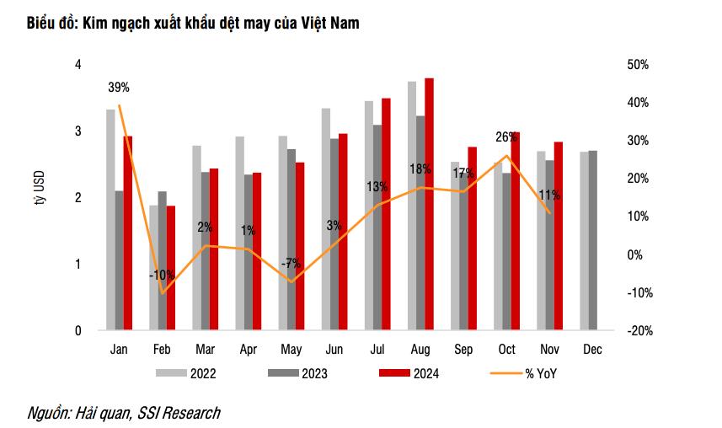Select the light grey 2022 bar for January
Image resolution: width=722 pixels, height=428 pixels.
[x=110, y=220]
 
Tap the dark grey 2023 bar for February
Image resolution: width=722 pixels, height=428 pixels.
[x=163, y=261]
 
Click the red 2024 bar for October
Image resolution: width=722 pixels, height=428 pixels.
[x=515, y=231]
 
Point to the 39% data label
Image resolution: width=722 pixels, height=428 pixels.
[x=119, y=87]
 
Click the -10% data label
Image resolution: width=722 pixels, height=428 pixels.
[x=162, y=275]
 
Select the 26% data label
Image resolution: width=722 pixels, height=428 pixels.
[x=506, y=137]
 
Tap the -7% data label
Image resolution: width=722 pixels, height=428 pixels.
[x=291, y=263]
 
